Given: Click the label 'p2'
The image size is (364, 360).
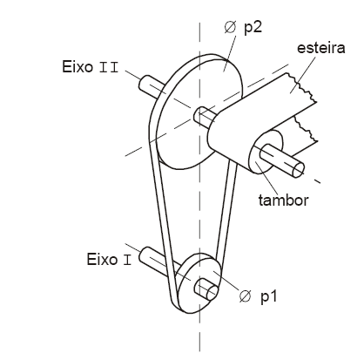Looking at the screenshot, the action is click(x=253, y=28).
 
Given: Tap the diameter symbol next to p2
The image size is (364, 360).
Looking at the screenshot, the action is click(x=230, y=27).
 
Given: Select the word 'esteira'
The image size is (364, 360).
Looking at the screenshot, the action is click(x=321, y=48).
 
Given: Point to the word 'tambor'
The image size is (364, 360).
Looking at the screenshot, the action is click(x=283, y=200).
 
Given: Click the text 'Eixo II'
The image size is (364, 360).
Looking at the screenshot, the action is click(x=91, y=67).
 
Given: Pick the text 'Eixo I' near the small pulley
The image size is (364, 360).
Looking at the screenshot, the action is click(x=109, y=259).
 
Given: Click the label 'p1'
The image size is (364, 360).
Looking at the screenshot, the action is click(x=268, y=296).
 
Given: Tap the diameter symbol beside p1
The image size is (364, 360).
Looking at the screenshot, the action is click(x=245, y=296).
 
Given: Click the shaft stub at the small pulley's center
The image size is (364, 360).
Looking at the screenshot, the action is click(x=206, y=289).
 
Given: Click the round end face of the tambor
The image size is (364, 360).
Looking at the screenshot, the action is click(x=266, y=152).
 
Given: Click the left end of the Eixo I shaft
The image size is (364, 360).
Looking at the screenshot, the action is click(x=145, y=255).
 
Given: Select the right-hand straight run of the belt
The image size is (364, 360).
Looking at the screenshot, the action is click(x=227, y=211).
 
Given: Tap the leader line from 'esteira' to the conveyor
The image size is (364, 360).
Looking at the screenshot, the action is click(x=302, y=75).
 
